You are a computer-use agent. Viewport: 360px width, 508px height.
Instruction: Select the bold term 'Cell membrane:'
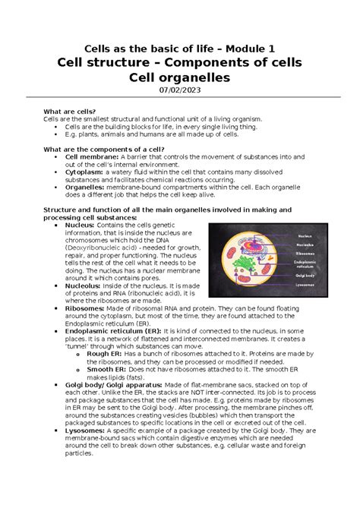coord(90,156)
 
